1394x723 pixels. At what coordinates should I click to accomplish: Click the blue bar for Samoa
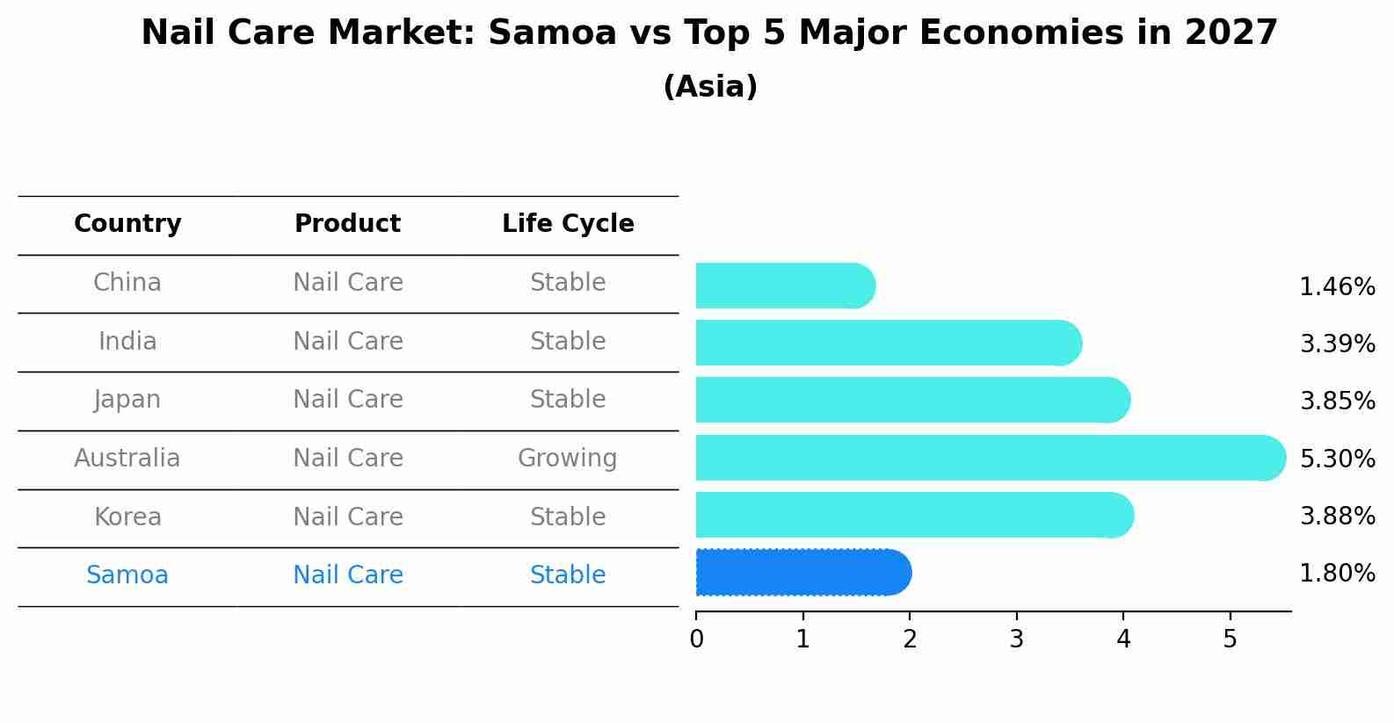802,573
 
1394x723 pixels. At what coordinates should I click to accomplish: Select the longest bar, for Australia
990,458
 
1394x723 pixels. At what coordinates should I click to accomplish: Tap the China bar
785,286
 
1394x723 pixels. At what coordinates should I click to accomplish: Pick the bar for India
888,343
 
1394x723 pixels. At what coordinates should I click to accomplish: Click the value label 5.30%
1337,459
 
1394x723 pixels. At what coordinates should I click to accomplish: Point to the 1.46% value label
1337,287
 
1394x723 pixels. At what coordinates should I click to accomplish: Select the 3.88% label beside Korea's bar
1337,517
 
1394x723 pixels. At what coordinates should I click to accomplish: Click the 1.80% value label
1337,574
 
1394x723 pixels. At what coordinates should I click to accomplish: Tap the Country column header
127,224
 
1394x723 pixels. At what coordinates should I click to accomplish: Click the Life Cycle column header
568,224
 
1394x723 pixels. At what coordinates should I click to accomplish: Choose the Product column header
347,224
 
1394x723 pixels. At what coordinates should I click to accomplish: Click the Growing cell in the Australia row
567,459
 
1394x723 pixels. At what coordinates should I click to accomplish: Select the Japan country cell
127,400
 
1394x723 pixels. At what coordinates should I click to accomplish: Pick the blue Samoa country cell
127,575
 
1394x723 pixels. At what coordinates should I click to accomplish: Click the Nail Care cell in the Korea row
347,517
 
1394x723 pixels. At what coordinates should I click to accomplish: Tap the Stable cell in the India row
567,342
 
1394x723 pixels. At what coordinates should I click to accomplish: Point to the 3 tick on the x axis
1016,640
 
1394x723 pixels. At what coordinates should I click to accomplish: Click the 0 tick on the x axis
696,640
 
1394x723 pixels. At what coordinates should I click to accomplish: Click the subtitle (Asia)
710,87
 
